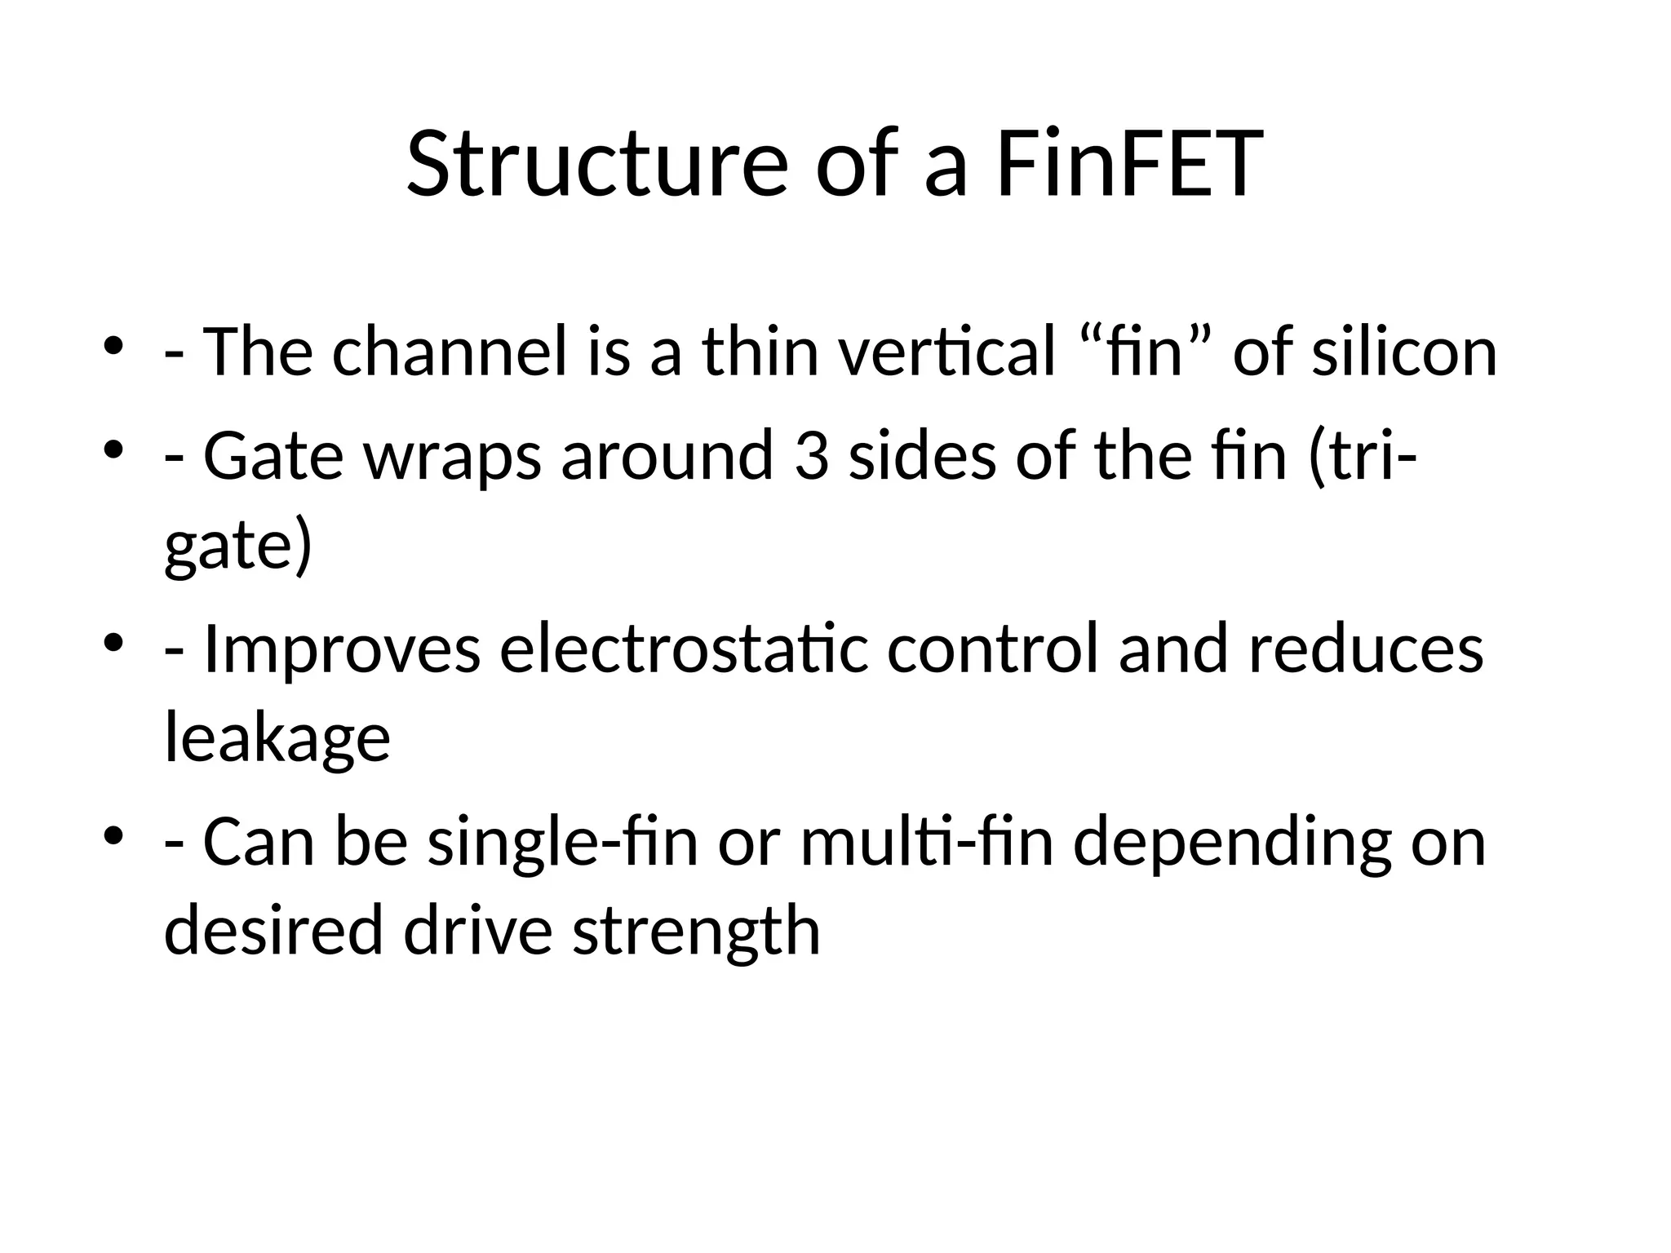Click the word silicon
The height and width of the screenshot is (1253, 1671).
[x=1403, y=352]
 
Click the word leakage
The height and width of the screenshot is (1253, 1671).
[x=277, y=738]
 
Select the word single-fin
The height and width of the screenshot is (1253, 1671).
[x=563, y=843]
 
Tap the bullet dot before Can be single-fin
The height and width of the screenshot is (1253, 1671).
[x=114, y=836]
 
